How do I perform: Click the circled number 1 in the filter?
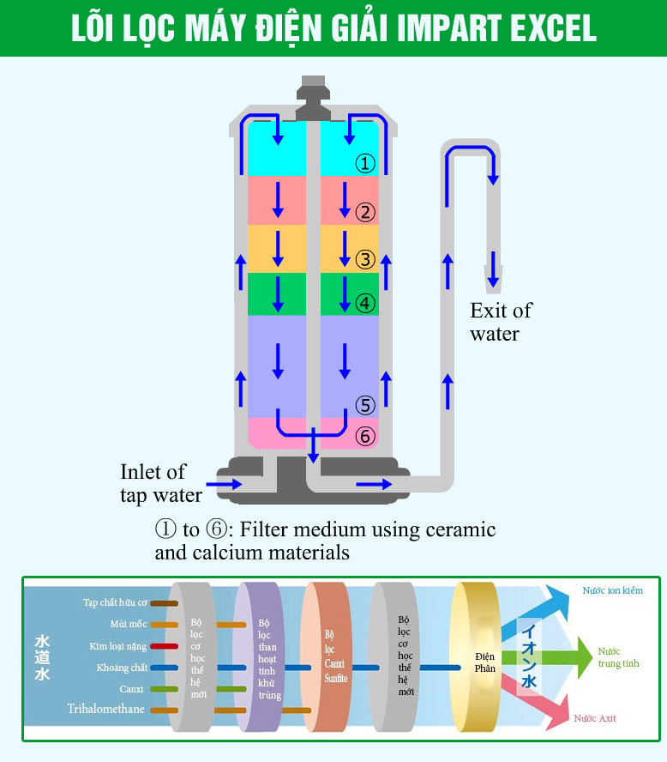[366, 163]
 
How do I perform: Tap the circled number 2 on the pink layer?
[366, 212]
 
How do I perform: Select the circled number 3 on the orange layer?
[366, 258]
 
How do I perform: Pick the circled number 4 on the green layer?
[366, 303]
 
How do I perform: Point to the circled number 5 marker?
[366, 405]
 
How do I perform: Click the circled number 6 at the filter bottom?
[366, 437]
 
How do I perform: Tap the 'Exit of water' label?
[501, 322]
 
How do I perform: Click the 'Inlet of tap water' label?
[160, 483]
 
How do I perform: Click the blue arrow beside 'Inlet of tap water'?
[225, 485]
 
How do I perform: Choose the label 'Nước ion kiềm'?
[612, 590]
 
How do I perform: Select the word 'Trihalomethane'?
[106, 709]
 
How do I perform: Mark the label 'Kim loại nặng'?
[118, 645]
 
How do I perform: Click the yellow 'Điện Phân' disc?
[475, 656]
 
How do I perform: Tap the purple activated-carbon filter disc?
[259, 656]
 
